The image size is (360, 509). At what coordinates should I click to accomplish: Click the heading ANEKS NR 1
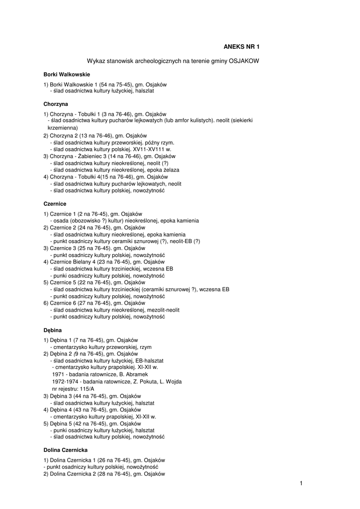pyautogui.click(x=241, y=47)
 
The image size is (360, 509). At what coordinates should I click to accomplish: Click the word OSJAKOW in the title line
pyautogui.click(x=241, y=61)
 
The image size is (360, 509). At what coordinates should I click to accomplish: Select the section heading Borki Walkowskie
pyautogui.click(x=67, y=74)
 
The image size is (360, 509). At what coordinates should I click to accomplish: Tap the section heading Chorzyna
pyautogui.click(x=56, y=104)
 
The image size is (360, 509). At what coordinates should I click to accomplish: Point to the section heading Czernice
pyautogui.click(x=55, y=204)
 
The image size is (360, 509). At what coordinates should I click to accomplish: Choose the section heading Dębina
pyautogui.click(x=53, y=330)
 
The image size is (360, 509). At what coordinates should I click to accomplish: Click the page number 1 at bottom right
pyautogui.click(x=301, y=483)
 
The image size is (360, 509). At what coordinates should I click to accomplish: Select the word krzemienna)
pyautogui.click(x=63, y=128)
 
